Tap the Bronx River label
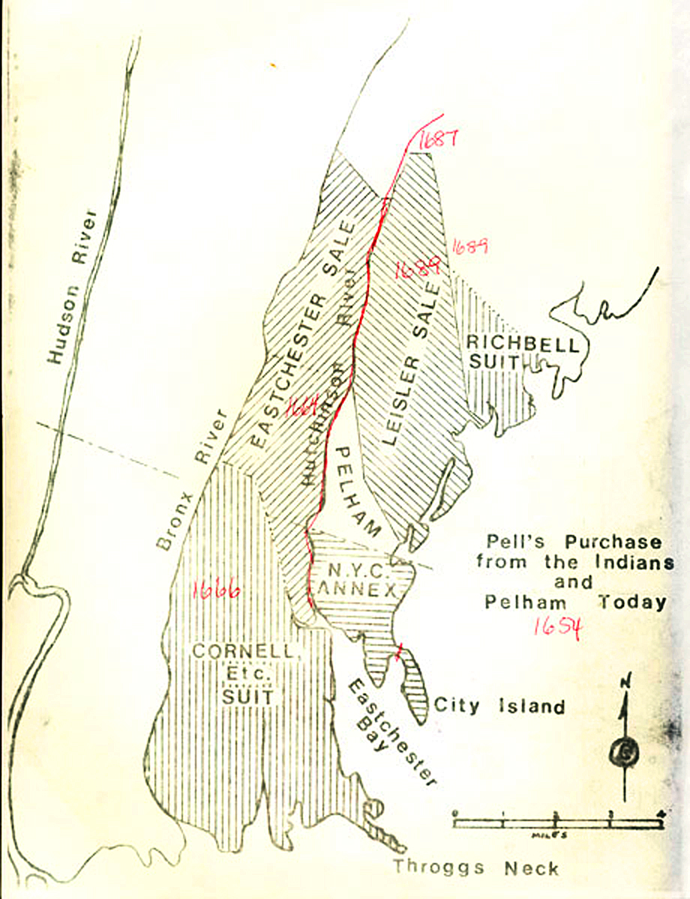click(190, 480)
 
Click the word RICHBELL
click(522, 345)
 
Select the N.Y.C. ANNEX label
click(359, 575)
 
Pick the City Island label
click(499, 706)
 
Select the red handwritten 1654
click(556, 626)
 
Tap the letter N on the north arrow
click(625, 680)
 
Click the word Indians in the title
click(636, 561)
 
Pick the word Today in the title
click(632, 602)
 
